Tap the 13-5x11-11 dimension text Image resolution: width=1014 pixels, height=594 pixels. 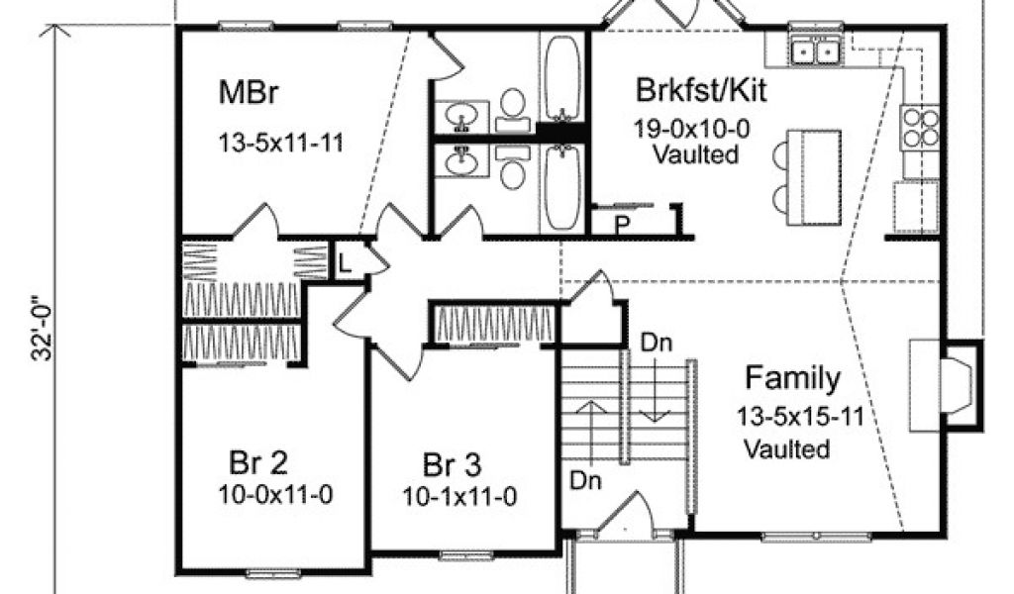(280, 143)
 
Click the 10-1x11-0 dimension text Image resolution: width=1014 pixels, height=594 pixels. (459, 495)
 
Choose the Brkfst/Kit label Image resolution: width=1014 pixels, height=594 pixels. (701, 93)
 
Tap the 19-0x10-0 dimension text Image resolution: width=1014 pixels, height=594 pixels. (698, 129)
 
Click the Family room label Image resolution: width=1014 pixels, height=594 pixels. (793, 378)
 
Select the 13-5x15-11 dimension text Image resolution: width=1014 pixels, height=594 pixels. (800, 416)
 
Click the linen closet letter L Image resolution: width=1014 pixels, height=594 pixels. (344, 264)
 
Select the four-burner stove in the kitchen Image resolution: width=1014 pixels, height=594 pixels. (920, 128)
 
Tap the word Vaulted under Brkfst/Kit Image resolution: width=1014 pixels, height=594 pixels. (696, 154)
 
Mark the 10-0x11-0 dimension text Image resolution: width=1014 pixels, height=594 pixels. (267, 494)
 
